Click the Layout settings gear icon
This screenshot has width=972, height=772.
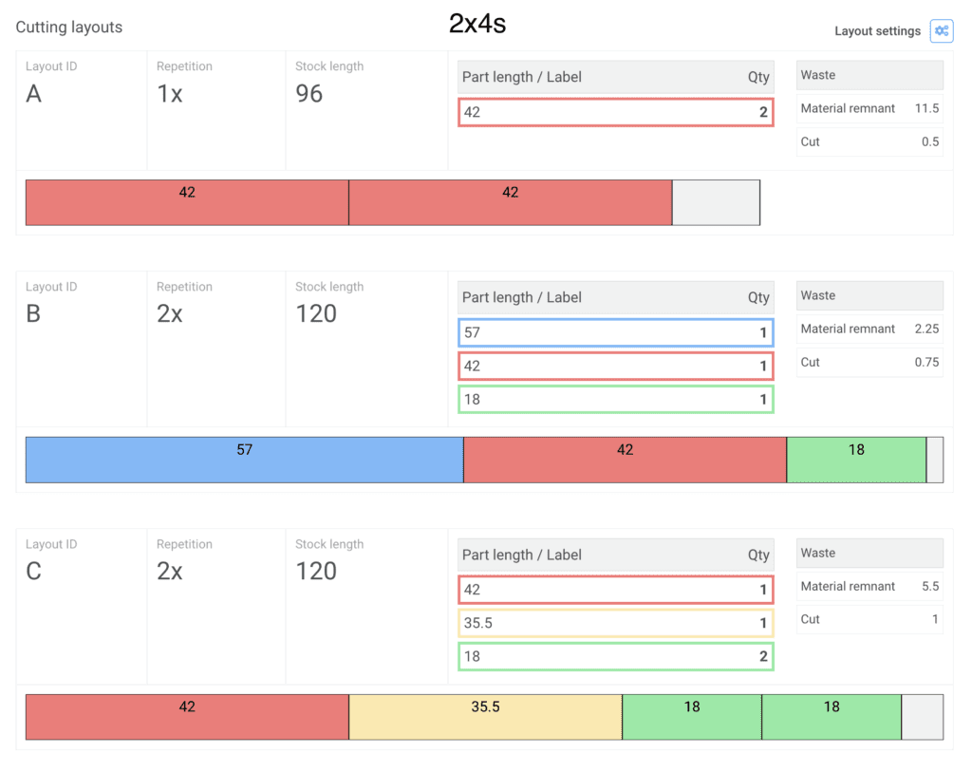941,30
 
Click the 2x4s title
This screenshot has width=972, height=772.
477,25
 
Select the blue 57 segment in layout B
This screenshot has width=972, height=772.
244,460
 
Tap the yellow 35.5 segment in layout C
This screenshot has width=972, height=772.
485,717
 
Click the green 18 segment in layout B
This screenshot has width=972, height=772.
856,460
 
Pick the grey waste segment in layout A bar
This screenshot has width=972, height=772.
716,202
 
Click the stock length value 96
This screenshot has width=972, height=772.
309,94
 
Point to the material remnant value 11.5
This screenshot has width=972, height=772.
925,108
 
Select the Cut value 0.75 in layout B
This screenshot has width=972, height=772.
925,362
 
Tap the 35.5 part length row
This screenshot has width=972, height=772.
615,623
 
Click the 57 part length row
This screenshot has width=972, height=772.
615,332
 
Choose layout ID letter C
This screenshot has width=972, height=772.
34,572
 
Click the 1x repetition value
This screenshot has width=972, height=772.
170,94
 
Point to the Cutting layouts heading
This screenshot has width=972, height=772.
69,28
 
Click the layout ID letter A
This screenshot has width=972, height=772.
34,94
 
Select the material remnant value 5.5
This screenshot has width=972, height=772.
930,586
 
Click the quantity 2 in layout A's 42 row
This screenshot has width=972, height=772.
762,112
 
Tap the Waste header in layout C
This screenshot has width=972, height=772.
818,553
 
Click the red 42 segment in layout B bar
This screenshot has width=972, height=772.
624,460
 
